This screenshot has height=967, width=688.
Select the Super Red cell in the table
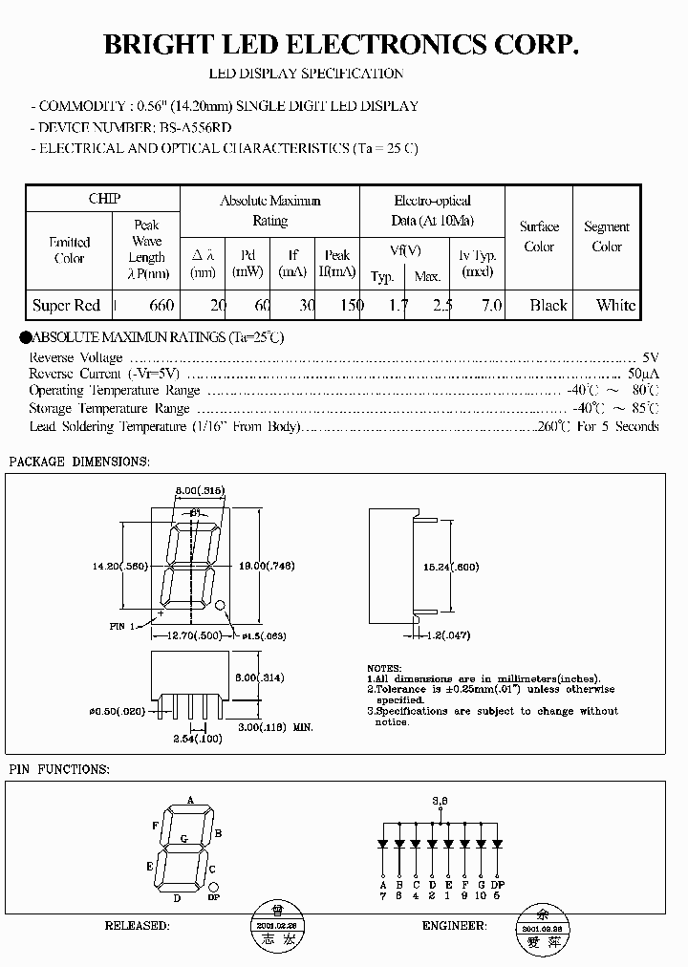tap(66, 306)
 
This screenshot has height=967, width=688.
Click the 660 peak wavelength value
tap(161, 306)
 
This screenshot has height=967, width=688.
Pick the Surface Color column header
tap(539, 237)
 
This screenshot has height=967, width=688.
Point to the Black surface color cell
tap(548, 306)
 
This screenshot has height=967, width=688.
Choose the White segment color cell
tap(615, 306)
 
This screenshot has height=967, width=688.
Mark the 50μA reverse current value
tap(643, 373)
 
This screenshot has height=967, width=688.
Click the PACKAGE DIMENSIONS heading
tap(78, 462)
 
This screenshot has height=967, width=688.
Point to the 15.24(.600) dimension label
tap(452, 566)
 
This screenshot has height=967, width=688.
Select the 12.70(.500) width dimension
tap(197, 634)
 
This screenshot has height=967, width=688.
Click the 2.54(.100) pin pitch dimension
tap(197, 740)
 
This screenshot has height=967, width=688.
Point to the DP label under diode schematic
tap(497, 884)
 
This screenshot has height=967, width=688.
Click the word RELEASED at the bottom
tap(137, 926)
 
